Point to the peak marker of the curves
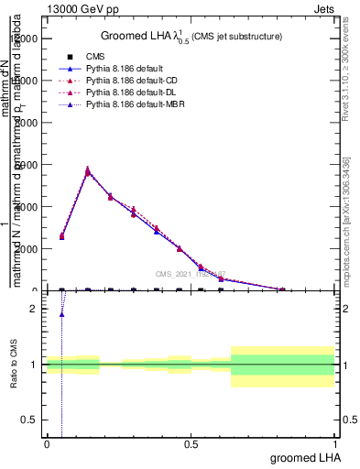(88, 170)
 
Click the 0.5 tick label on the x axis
(191, 444)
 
